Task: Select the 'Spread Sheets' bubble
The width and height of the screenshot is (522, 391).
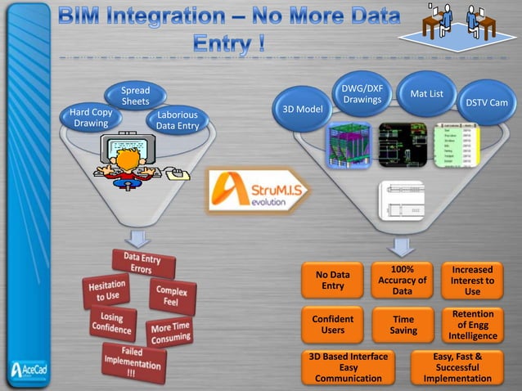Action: click(135, 96)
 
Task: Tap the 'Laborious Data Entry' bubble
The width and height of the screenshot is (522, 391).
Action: click(177, 121)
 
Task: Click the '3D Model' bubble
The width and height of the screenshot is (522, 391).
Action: click(302, 110)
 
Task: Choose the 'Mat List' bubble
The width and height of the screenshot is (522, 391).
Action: click(426, 94)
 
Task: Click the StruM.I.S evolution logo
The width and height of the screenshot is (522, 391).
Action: click(258, 190)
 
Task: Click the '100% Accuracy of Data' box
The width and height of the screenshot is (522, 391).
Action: click(402, 280)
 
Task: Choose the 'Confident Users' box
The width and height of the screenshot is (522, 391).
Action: click(333, 325)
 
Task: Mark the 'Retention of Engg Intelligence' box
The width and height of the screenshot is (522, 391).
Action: click(472, 325)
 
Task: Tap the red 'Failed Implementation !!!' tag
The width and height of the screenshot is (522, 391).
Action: click(132, 361)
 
